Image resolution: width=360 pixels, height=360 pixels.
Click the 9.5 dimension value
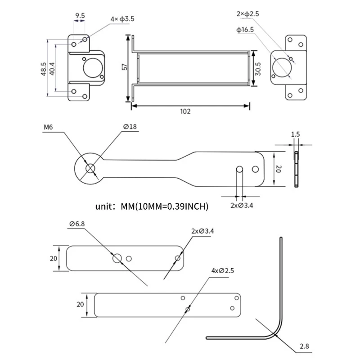(80, 16)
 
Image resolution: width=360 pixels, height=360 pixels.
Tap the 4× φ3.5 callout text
(122, 19)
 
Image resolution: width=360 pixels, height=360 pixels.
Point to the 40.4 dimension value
(52, 69)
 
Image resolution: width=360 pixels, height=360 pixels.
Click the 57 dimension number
(125, 67)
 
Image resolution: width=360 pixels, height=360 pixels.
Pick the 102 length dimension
(185, 111)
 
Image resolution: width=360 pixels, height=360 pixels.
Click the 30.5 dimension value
(258, 67)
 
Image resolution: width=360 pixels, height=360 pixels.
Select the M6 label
(49, 127)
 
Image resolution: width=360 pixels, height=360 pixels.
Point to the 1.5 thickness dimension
(295, 134)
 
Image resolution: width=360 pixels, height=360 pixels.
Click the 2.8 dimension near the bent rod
(304, 347)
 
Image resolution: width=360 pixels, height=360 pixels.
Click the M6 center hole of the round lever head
(90, 168)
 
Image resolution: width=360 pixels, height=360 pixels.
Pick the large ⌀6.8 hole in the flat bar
(117, 258)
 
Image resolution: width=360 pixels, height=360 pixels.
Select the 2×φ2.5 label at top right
(247, 14)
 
